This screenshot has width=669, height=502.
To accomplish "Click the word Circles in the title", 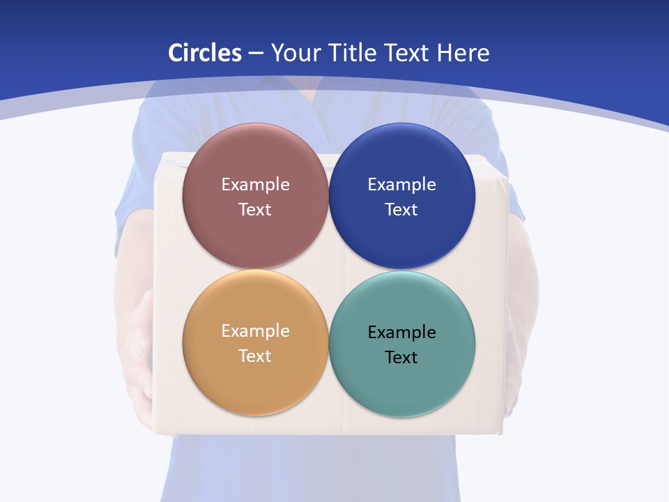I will click(x=204, y=53).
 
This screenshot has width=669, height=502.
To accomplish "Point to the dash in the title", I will click(x=256, y=54).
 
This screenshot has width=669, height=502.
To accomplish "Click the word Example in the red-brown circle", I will click(x=255, y=185).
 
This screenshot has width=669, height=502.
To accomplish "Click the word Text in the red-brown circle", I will click(x=255, y=210).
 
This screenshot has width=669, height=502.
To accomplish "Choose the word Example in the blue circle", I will click(x=401, y=185).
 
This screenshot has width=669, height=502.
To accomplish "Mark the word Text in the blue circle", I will click(x=401, y=210).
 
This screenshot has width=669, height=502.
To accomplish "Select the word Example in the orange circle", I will click(x=255, y=331).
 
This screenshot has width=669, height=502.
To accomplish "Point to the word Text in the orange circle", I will click(x=255, y=356).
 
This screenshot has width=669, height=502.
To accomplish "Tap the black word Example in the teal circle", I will click(x=401, y=333).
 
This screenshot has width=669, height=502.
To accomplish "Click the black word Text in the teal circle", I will click(x=401, y=358).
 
